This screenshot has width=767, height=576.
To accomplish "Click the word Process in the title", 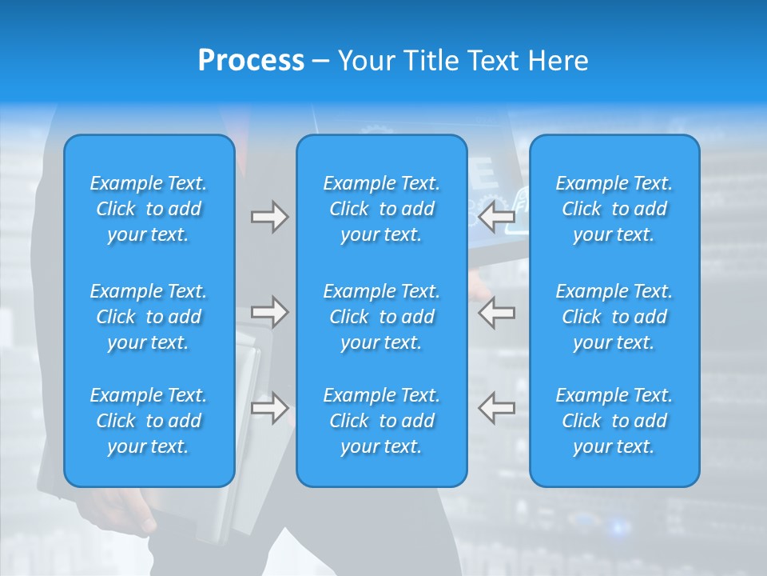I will coord(251,61).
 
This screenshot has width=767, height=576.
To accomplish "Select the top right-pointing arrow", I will coord(269,217).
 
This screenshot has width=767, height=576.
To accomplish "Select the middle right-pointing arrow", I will coord(269,312).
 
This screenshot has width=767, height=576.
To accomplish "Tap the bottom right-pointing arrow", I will coord(269,408).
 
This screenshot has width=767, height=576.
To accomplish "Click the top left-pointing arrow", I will coord(497,217).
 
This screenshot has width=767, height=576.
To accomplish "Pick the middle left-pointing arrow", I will coord(497,312).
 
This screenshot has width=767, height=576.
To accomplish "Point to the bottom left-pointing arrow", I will coord(497,408).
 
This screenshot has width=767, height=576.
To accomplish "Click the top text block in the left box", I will coord(149,209).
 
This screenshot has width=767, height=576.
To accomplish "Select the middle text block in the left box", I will coord(149,317).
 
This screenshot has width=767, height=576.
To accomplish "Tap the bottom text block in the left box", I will coord(149,421).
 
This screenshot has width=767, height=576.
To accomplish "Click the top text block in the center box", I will coord(381,209).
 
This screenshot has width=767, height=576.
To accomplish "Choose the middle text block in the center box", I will coord(381,317).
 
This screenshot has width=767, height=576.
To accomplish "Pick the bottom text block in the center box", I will coord(381,421).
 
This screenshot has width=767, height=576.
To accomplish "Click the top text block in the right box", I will coord(614,209).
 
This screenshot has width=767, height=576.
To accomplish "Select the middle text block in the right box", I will coord(614,317).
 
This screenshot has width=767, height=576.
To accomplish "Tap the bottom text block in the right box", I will coord(614,421).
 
